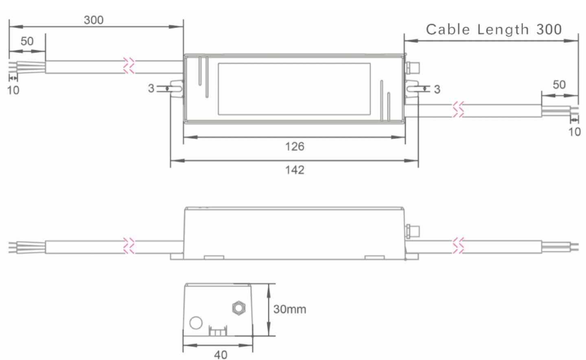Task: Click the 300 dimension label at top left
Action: click(94, 20)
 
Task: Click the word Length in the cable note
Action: click(503, 29)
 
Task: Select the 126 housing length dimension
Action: click(294, 147)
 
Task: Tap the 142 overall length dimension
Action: click(294, 170)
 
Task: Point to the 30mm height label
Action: click(289, 310)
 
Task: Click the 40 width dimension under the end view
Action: click(221, 355)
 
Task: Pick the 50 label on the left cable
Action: click(27, 41)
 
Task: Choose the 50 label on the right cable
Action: click(559, 85)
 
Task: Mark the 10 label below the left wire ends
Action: click(13, 90)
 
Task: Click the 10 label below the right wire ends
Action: click(574, 132)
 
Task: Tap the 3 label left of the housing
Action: click(151, 88)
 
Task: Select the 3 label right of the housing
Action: click(437, 89)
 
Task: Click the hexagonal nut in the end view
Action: click(238, 308)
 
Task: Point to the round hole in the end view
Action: click(196, 323)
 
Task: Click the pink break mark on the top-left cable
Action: click(129, 66)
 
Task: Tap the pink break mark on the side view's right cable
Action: click(458, 245)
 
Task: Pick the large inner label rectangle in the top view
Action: click(294, 89)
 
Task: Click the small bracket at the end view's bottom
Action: click(217, 331)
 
